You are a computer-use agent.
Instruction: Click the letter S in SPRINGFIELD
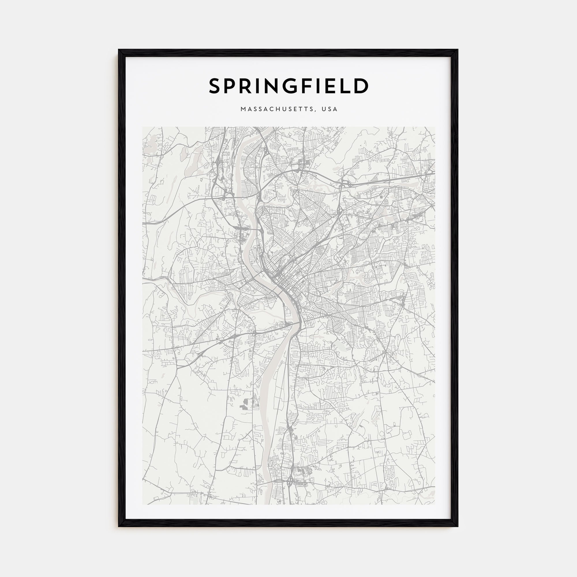pos(216,86)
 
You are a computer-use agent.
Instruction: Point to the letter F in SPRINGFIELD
pos(309,86)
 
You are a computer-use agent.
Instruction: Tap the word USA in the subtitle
pos(329,109)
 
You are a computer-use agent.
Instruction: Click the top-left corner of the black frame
pos(119,50)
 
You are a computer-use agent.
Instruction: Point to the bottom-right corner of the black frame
pos(458,526)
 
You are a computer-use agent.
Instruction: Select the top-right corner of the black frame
pos(458,50)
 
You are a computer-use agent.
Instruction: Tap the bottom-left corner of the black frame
pos(119,526)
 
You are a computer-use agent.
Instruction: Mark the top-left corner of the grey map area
pos(143,127)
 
